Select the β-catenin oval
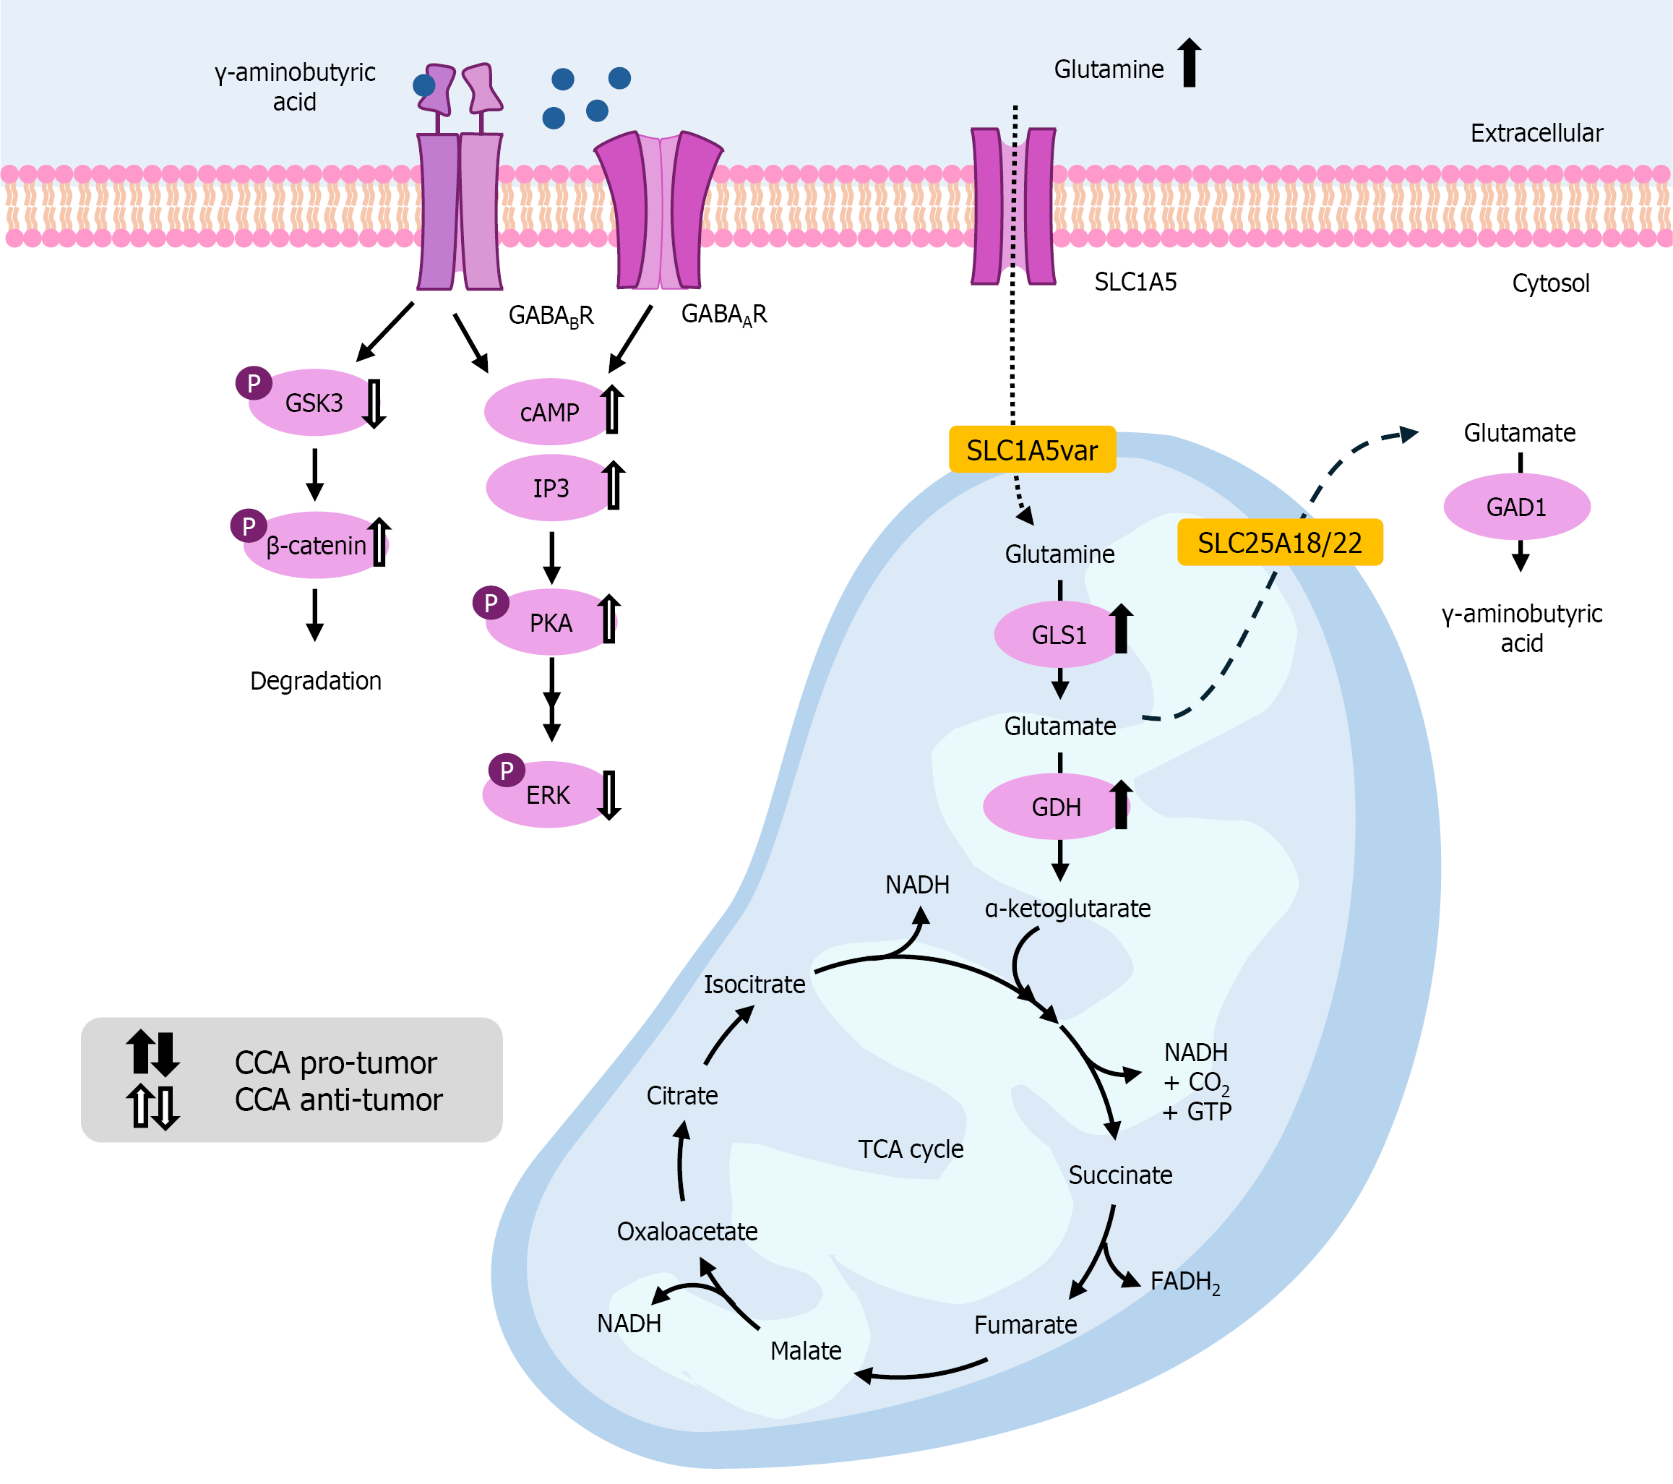coord(315,545)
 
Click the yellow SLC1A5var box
coord(1031,450)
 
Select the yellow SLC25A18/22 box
coord(1279,543)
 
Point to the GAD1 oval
coord(1516,507)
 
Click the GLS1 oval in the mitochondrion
coord(1057,635)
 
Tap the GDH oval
coord(1055,807)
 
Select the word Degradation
coord(315,681)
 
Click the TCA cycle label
coord(910,1149)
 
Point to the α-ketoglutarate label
coord(1067,909)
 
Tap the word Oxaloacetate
coord(687,1231)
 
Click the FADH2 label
coord(1184,1282)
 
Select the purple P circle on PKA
coord(490,604)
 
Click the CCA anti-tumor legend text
coord(338,1099)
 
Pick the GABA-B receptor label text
coord(551,316)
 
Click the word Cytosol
coord(1550,283)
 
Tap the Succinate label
coord(1119,1175)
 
